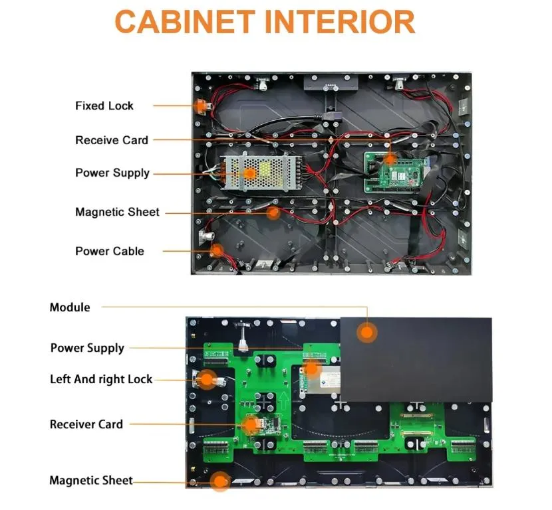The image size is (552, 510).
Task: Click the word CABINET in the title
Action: pyautogui.click(x=185, y=22)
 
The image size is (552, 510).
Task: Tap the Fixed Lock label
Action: pyautogui.click(x=104, y=106)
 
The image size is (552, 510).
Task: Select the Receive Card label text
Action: pyautogui.click(x=112, y=140)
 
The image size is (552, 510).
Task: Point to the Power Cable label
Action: pyautogui.click(x=110, y=251)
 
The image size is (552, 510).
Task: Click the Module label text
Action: pyautogui.click(x=70, y=307)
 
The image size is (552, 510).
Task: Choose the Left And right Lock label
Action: pyautogui.click(x=101, y=379)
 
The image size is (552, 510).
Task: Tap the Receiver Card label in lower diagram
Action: pyautogui.click(x=86, y=424)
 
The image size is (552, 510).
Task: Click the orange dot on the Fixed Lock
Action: pyautogui.click(x=200, y=105)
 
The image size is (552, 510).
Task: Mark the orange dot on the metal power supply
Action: pyautogui.click(x=249, y=173)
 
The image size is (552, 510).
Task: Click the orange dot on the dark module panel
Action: pyautogui.click(x=367, y=333)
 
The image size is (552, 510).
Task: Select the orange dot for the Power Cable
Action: pyautogui.click(x=217, y=250)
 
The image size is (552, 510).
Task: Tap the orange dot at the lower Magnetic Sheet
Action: pyautogui.click(x=221, y=481)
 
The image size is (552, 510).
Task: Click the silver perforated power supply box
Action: pyautogui.click(x=261, y=173)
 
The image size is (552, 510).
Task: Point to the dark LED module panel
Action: pyautogui.click(x=416, y=359)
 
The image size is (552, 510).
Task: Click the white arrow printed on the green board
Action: pyautogui.click(x=283, y=400)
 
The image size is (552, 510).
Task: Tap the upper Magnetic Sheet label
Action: pyautogui.click(x=117, y=212)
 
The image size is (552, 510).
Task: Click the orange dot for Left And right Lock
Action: pyautogui.click(x=207, y=379)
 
